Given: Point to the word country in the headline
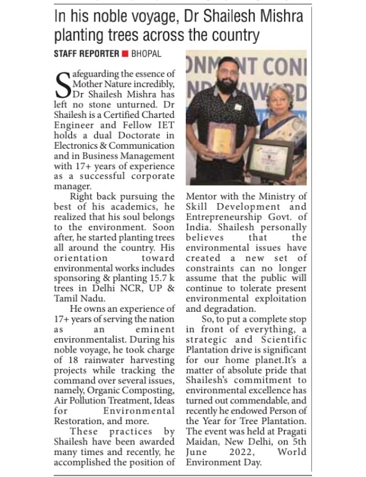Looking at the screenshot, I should point(232,36).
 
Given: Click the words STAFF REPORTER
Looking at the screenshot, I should point(87,54).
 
